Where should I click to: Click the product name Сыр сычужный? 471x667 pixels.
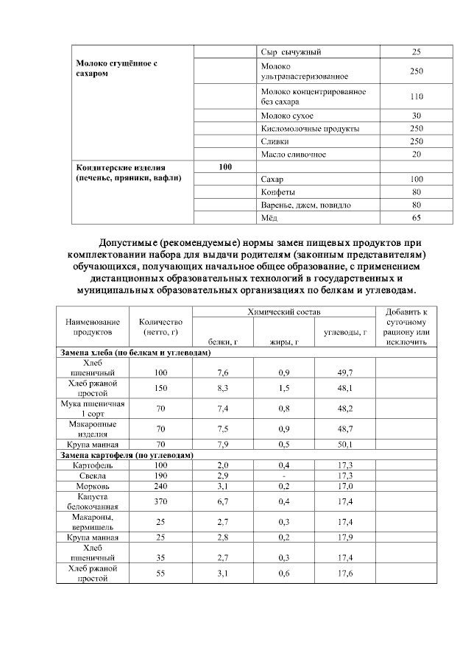pos(291,52)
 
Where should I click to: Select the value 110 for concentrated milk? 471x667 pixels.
pos(417,96)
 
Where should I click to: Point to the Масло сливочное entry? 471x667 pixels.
pos(293,154)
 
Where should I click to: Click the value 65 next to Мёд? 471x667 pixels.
pos(417,217)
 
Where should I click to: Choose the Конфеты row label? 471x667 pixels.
pos(277,192)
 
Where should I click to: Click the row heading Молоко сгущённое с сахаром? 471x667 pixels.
pos(117,68)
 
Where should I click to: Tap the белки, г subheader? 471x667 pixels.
pos(222,342)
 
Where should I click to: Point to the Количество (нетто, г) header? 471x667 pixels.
pos(161,328)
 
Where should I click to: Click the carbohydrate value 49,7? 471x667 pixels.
pos(344,373)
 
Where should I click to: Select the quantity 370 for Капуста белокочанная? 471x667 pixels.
pos(161,501)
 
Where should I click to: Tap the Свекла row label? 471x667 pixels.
pos(92,476)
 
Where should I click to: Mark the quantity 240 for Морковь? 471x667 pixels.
pos(161,487)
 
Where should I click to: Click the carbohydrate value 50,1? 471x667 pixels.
pos(344,444)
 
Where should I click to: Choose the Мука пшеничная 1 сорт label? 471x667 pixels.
pos(92,409)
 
